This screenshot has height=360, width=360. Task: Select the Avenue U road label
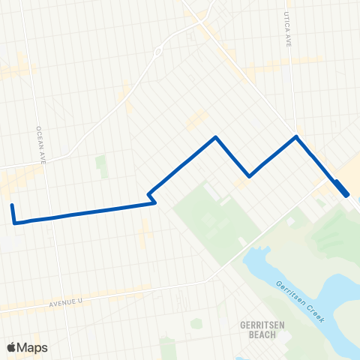tap(69, 303)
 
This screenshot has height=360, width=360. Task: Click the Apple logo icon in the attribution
tap(11, 347)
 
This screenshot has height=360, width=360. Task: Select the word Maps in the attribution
tap(32, 347)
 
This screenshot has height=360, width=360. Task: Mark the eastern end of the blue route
tap(346, 195)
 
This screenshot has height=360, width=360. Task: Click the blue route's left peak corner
tap(216, 137)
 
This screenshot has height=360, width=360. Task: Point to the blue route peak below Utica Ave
tap(296, 136)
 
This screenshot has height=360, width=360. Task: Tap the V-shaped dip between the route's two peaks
tap(250, 176)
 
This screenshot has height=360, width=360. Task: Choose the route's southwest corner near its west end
tap(14, 222)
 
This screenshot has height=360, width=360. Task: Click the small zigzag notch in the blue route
tap(151, 196)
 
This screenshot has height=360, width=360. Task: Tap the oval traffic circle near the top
tap(158, 52)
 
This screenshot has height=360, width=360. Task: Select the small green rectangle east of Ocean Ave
tap(101, 166)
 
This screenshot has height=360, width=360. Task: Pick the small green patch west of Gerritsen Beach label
tap(196, 324)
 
